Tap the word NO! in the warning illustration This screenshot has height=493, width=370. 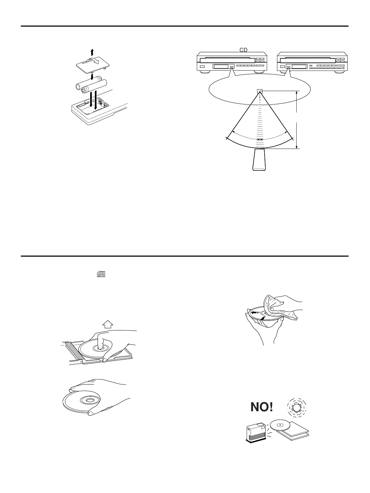[x=262, y=408]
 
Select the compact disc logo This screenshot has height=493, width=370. [x=101, y=274]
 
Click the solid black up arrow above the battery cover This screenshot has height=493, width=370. [x=92, y=52]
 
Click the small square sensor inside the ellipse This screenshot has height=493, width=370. [x=259, y=91]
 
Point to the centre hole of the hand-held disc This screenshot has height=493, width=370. [x=88, y=400]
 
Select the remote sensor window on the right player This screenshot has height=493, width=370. [x=289, y=67]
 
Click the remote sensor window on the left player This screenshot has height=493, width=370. [x=231, y=67]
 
